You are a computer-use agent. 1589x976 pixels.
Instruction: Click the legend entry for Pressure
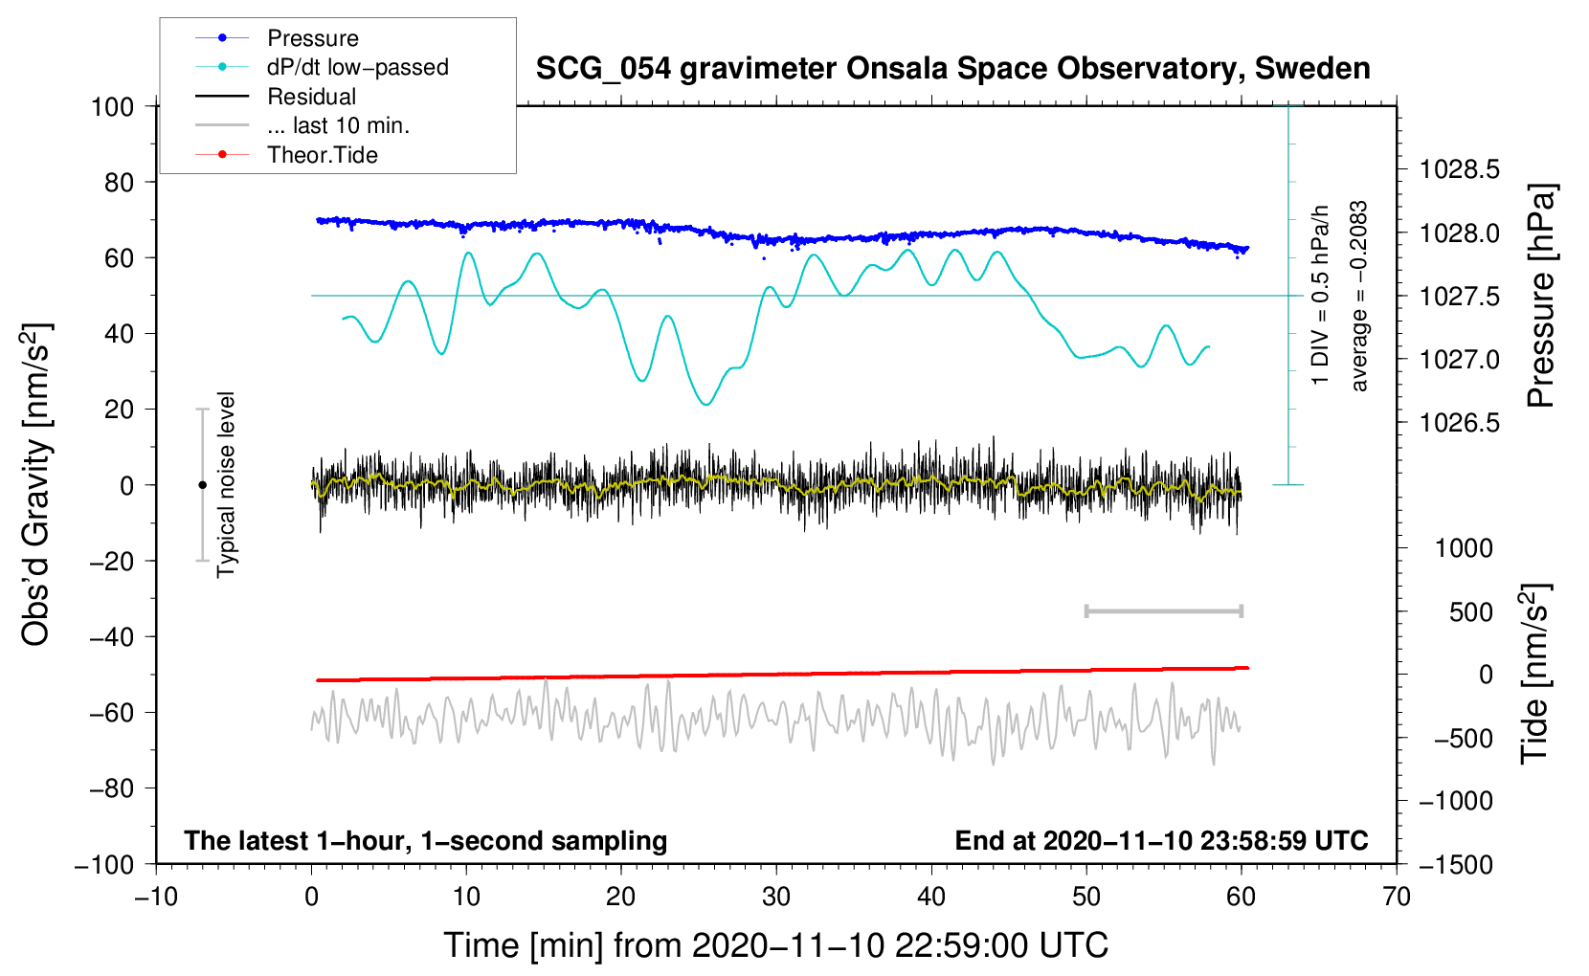(x=312, y=38)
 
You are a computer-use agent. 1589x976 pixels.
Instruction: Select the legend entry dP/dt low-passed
(x=357, y=67)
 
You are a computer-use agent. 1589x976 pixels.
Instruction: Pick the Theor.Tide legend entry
(x=322, y=155)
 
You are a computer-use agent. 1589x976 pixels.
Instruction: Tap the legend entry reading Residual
(x=311, y=97)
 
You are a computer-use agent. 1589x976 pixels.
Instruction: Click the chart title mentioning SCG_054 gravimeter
(x=952, y=69)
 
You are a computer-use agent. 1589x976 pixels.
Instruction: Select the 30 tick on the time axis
(x=776, y=897)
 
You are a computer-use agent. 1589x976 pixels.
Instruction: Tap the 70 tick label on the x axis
(x=1397, y=897)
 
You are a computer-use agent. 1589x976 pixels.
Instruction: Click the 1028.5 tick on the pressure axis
(x=1460, y=170)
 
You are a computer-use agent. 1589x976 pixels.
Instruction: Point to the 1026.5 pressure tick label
(x=1460, y=423)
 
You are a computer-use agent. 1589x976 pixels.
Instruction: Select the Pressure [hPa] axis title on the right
(x=1540, y=297)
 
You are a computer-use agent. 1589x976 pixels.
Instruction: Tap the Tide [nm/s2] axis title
(x=1535, y=674)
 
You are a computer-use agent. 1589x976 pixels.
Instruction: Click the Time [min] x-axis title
(x=776, y=945)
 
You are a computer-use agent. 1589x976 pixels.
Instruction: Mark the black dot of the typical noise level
(x=202, y=485)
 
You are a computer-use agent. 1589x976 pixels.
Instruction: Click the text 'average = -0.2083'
(x=1359, y=297)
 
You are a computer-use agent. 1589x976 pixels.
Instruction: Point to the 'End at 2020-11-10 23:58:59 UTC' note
(x=1161, y=841)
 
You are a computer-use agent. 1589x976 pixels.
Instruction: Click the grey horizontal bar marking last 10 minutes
(x=1163, y=611)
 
